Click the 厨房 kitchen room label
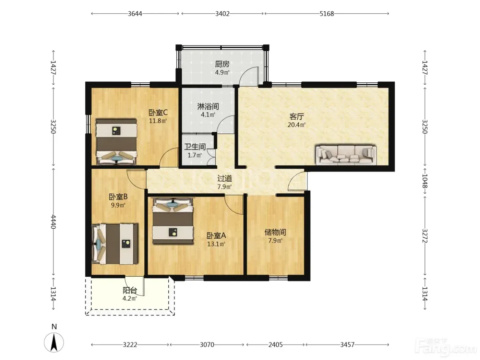click(x=222, y=64)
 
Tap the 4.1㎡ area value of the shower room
click(x=208, y=115)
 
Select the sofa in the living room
click(x=346, y=155)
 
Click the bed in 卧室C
click(x=117, y=142)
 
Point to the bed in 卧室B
click(x=115, y=244)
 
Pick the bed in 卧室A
click(x=173, y=221)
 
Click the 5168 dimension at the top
click(x=327, y=14)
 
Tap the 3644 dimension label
click(x=135, y=14)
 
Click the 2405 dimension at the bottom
click(x=276, y=345)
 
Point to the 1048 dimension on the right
click(x=425, y=181)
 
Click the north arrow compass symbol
click(x=54, y=342)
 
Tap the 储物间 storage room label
click(x=275, y=232)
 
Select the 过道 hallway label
click(x=225, y=179)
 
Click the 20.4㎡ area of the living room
click(x=297, y=125)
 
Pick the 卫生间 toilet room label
click(x=195, y=147)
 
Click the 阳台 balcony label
click(x=130, y=290)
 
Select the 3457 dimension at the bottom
click(x=347, y=345)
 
